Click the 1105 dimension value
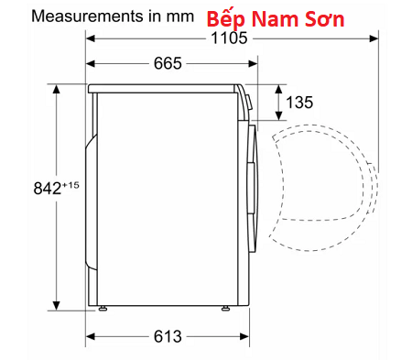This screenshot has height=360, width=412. click(229, 38)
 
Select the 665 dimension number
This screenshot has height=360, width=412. click(168, 63)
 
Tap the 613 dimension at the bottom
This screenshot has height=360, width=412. click(168, 336)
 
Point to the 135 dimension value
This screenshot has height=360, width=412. click(299, 103)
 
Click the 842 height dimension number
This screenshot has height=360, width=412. click(48, 188)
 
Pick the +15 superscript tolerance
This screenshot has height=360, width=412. click(70, 185)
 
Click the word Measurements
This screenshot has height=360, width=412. click(88, 16)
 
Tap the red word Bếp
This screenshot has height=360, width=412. click(225, 19)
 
